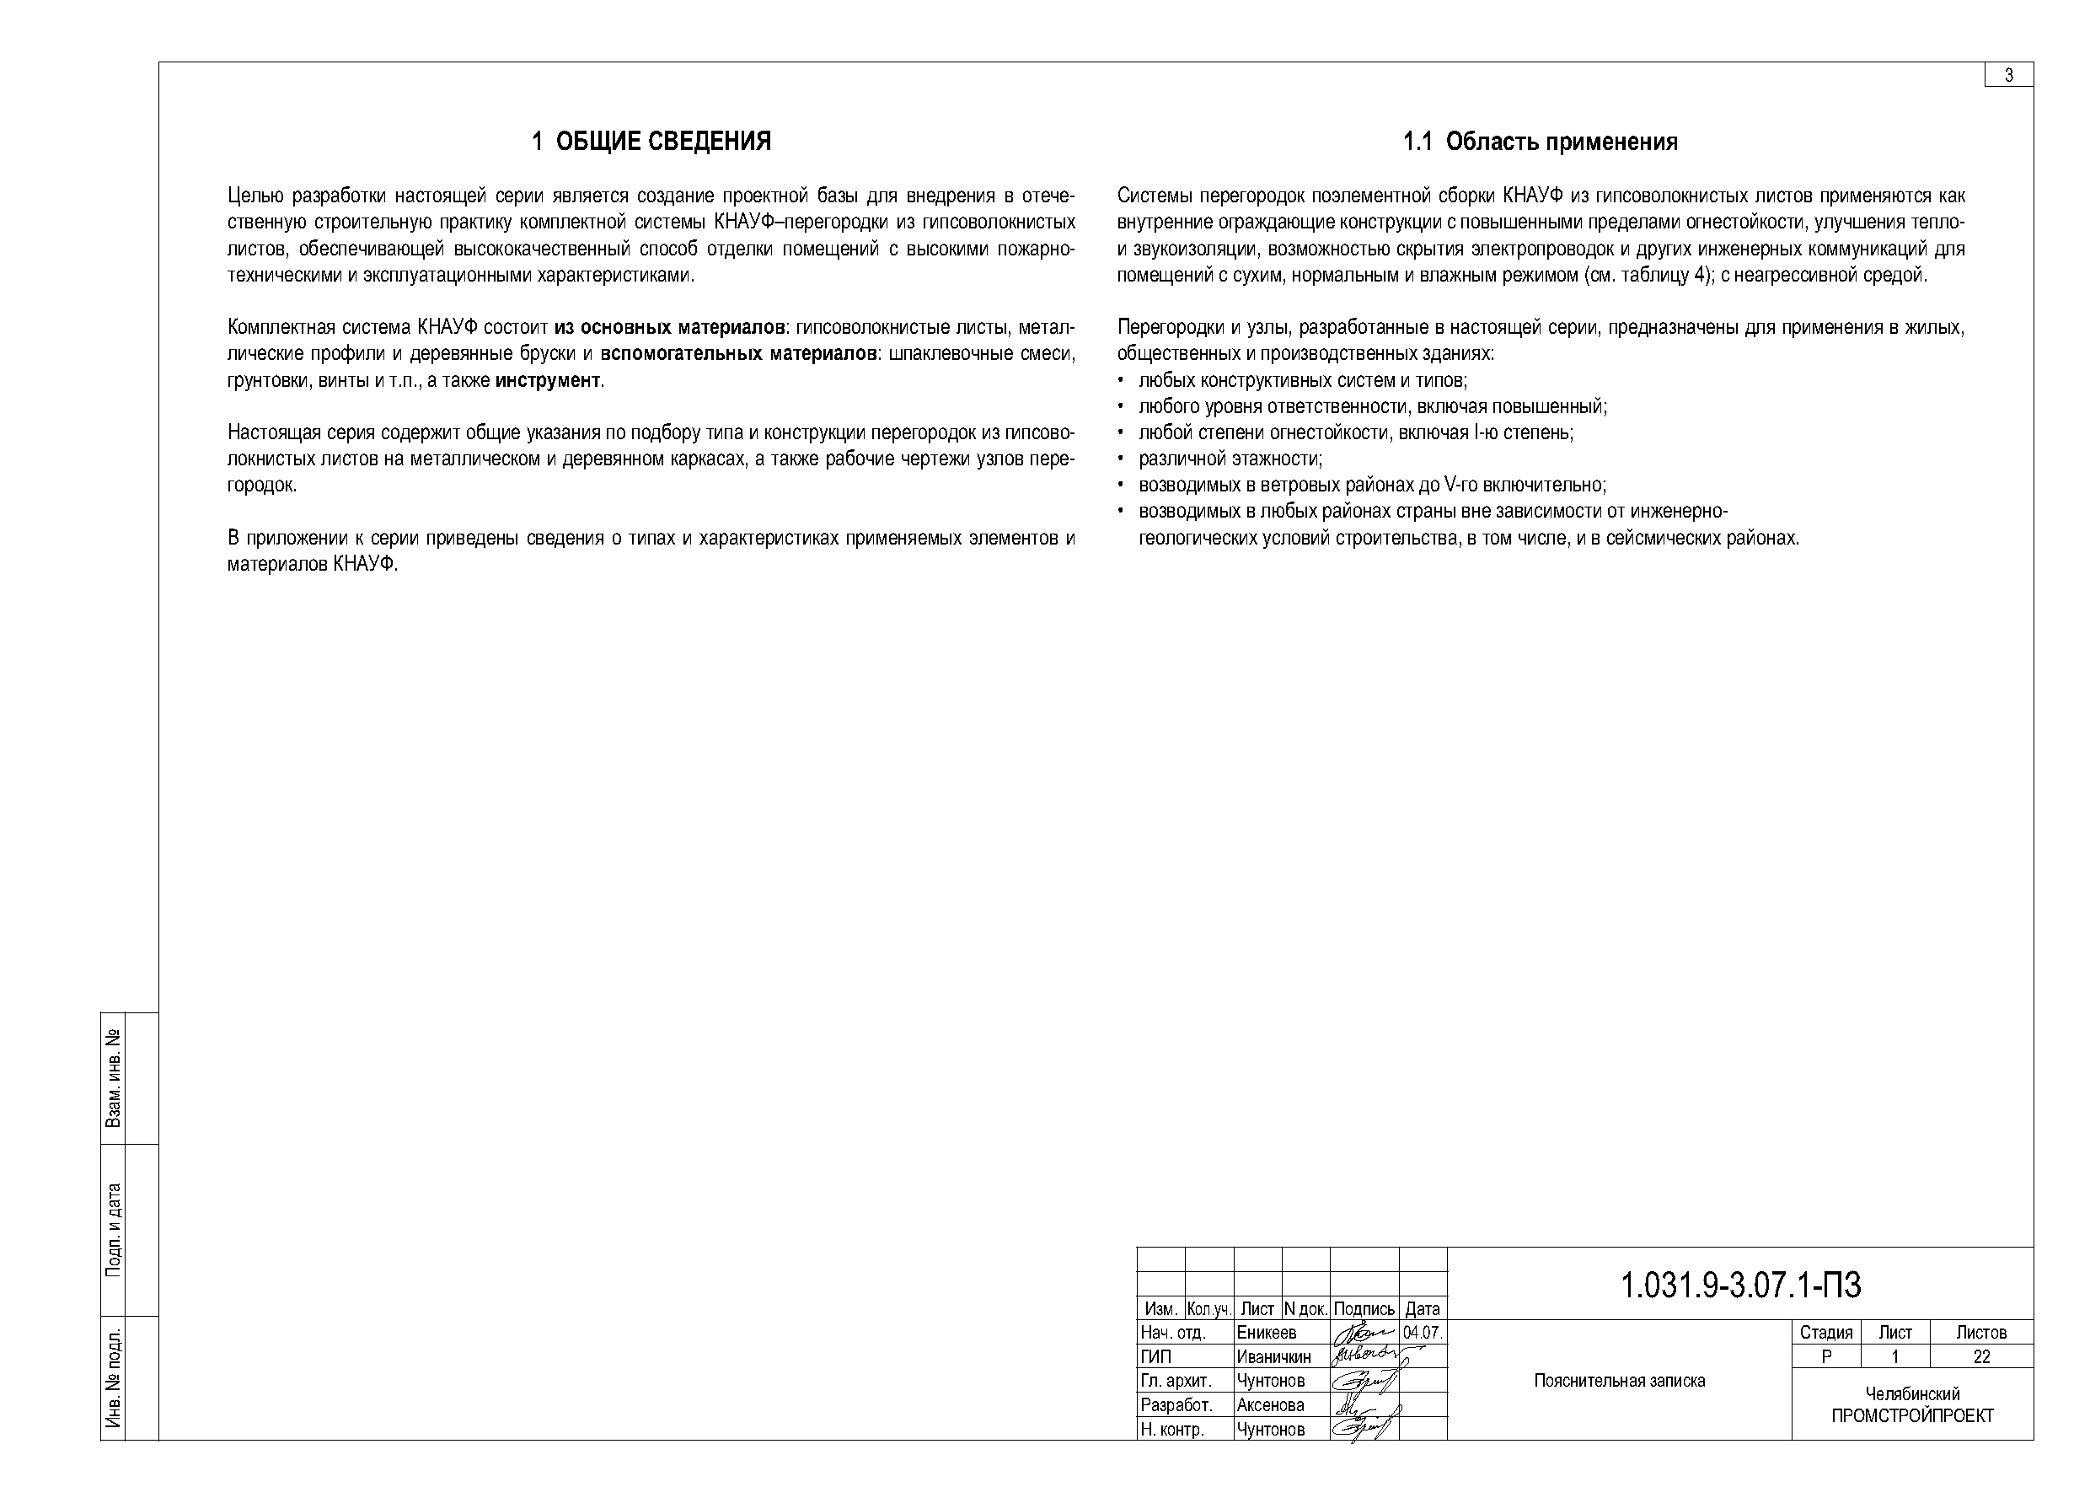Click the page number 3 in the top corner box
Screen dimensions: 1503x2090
click(x=2009, y=76)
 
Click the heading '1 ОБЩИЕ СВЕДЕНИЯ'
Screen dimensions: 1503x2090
click(x=651, y=141)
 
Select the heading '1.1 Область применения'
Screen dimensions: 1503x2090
click(x=1540, y=141)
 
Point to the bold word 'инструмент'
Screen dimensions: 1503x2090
click(x=548, y=379)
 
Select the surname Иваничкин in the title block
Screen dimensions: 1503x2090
click(x=1273, y=1356)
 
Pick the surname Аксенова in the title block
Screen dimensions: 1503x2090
click(x=1270, y=1404)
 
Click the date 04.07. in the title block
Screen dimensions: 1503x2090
click(x=1422, y=1333)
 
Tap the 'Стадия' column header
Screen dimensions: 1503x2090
click(x=1825, y=1333)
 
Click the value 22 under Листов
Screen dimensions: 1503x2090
click(x=1981, y=1356)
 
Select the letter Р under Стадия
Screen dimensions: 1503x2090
click(x=1826, y=1356)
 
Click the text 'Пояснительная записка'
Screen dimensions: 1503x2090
click(x=1619, y=1381)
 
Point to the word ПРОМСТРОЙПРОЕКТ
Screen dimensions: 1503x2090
click(x=1912, y=1415)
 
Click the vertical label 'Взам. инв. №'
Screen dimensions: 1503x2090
click(x=113, y=1078)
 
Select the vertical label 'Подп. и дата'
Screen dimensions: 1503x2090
click(x=113, y=1229)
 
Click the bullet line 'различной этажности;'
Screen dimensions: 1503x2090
click(x=1230, y=459)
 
